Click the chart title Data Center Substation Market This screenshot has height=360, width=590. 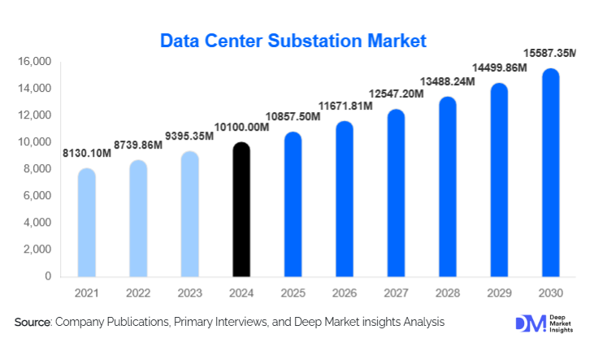[293, 40]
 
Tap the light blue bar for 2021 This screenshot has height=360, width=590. [87, 223]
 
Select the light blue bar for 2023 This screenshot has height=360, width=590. [189, 215]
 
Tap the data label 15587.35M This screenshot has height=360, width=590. [551, 53]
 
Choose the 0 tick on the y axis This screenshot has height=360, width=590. [48, 276]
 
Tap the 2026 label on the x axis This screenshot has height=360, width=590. [344, 293]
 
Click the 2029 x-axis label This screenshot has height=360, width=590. [498, 293]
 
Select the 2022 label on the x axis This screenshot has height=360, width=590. [138, 293]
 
